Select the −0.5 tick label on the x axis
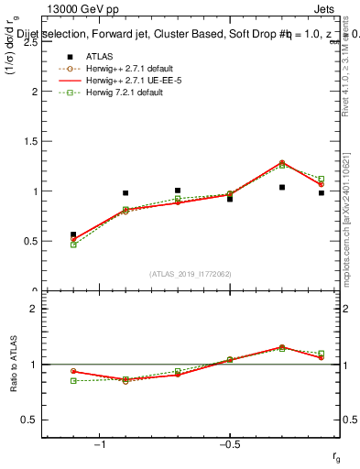point(229,444)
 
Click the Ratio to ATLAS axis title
point(13,365)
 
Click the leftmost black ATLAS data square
point(73,234)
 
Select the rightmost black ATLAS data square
point(322,193)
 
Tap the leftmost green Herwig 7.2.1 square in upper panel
point(73,245)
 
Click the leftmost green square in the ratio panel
point(73,380)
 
